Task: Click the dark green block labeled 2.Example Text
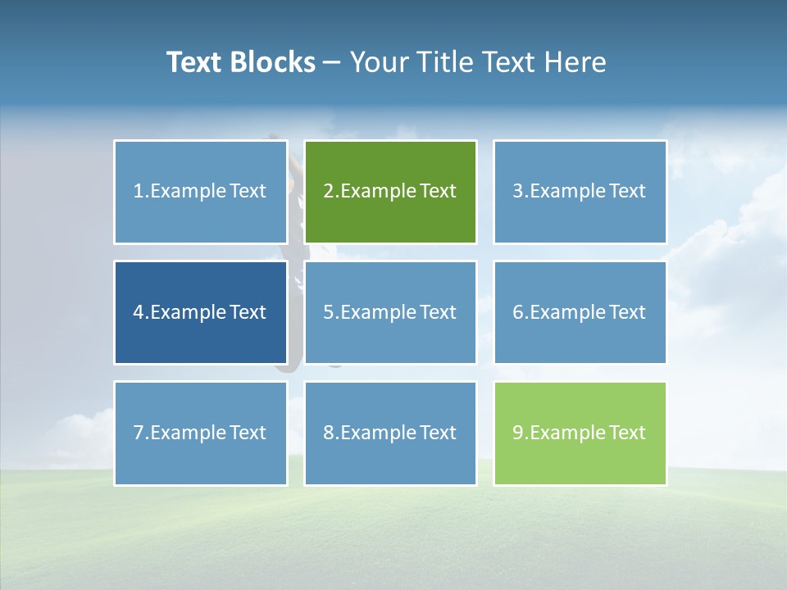tap(390, 192)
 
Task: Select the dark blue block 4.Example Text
tap(201, 312)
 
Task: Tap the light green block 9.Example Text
tap(580, 433)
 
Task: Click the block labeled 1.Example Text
tap(201, 192)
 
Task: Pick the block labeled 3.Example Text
tap(580, 192)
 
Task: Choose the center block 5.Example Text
tap(390, 312)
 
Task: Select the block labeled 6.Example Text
tap(580, 312)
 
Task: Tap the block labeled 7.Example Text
tap(201, 433)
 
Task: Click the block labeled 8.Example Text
tap(390, 433)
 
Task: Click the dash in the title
tap(332, 62)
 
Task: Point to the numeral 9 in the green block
tap(518, 433)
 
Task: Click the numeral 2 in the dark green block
tap(329, 192)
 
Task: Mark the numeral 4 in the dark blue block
tap(139, 312)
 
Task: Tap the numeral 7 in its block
tap(139, 433)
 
